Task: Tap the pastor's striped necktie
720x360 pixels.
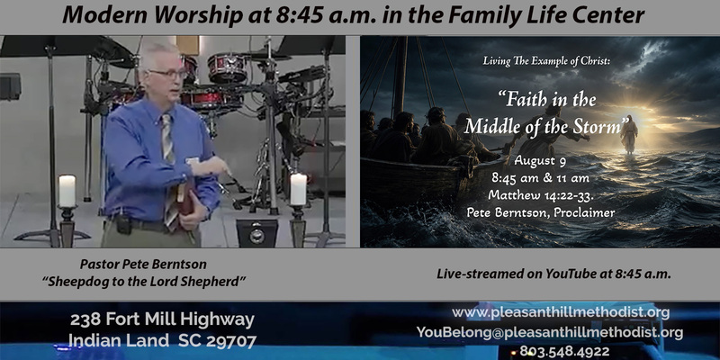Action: point(169,171)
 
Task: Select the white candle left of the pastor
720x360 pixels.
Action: point(67,191)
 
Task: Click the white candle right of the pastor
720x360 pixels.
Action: point(298,189)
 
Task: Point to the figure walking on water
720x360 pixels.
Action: point(629,134)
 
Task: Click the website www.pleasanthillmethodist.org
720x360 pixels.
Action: point(561,312)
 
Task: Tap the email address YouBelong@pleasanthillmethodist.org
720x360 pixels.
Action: point(550,332)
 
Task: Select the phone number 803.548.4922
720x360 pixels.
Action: point(564,352)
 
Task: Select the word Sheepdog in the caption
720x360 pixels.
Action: point(70,282)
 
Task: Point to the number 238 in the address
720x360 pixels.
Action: point(85,319)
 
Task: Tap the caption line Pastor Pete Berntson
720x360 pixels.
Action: point(143,265)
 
